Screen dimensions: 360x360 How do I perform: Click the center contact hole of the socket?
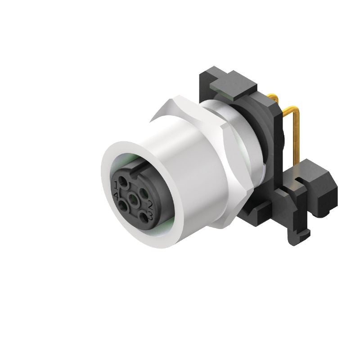[x=133, y=198]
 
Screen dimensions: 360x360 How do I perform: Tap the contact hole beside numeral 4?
[x=122, y=206]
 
